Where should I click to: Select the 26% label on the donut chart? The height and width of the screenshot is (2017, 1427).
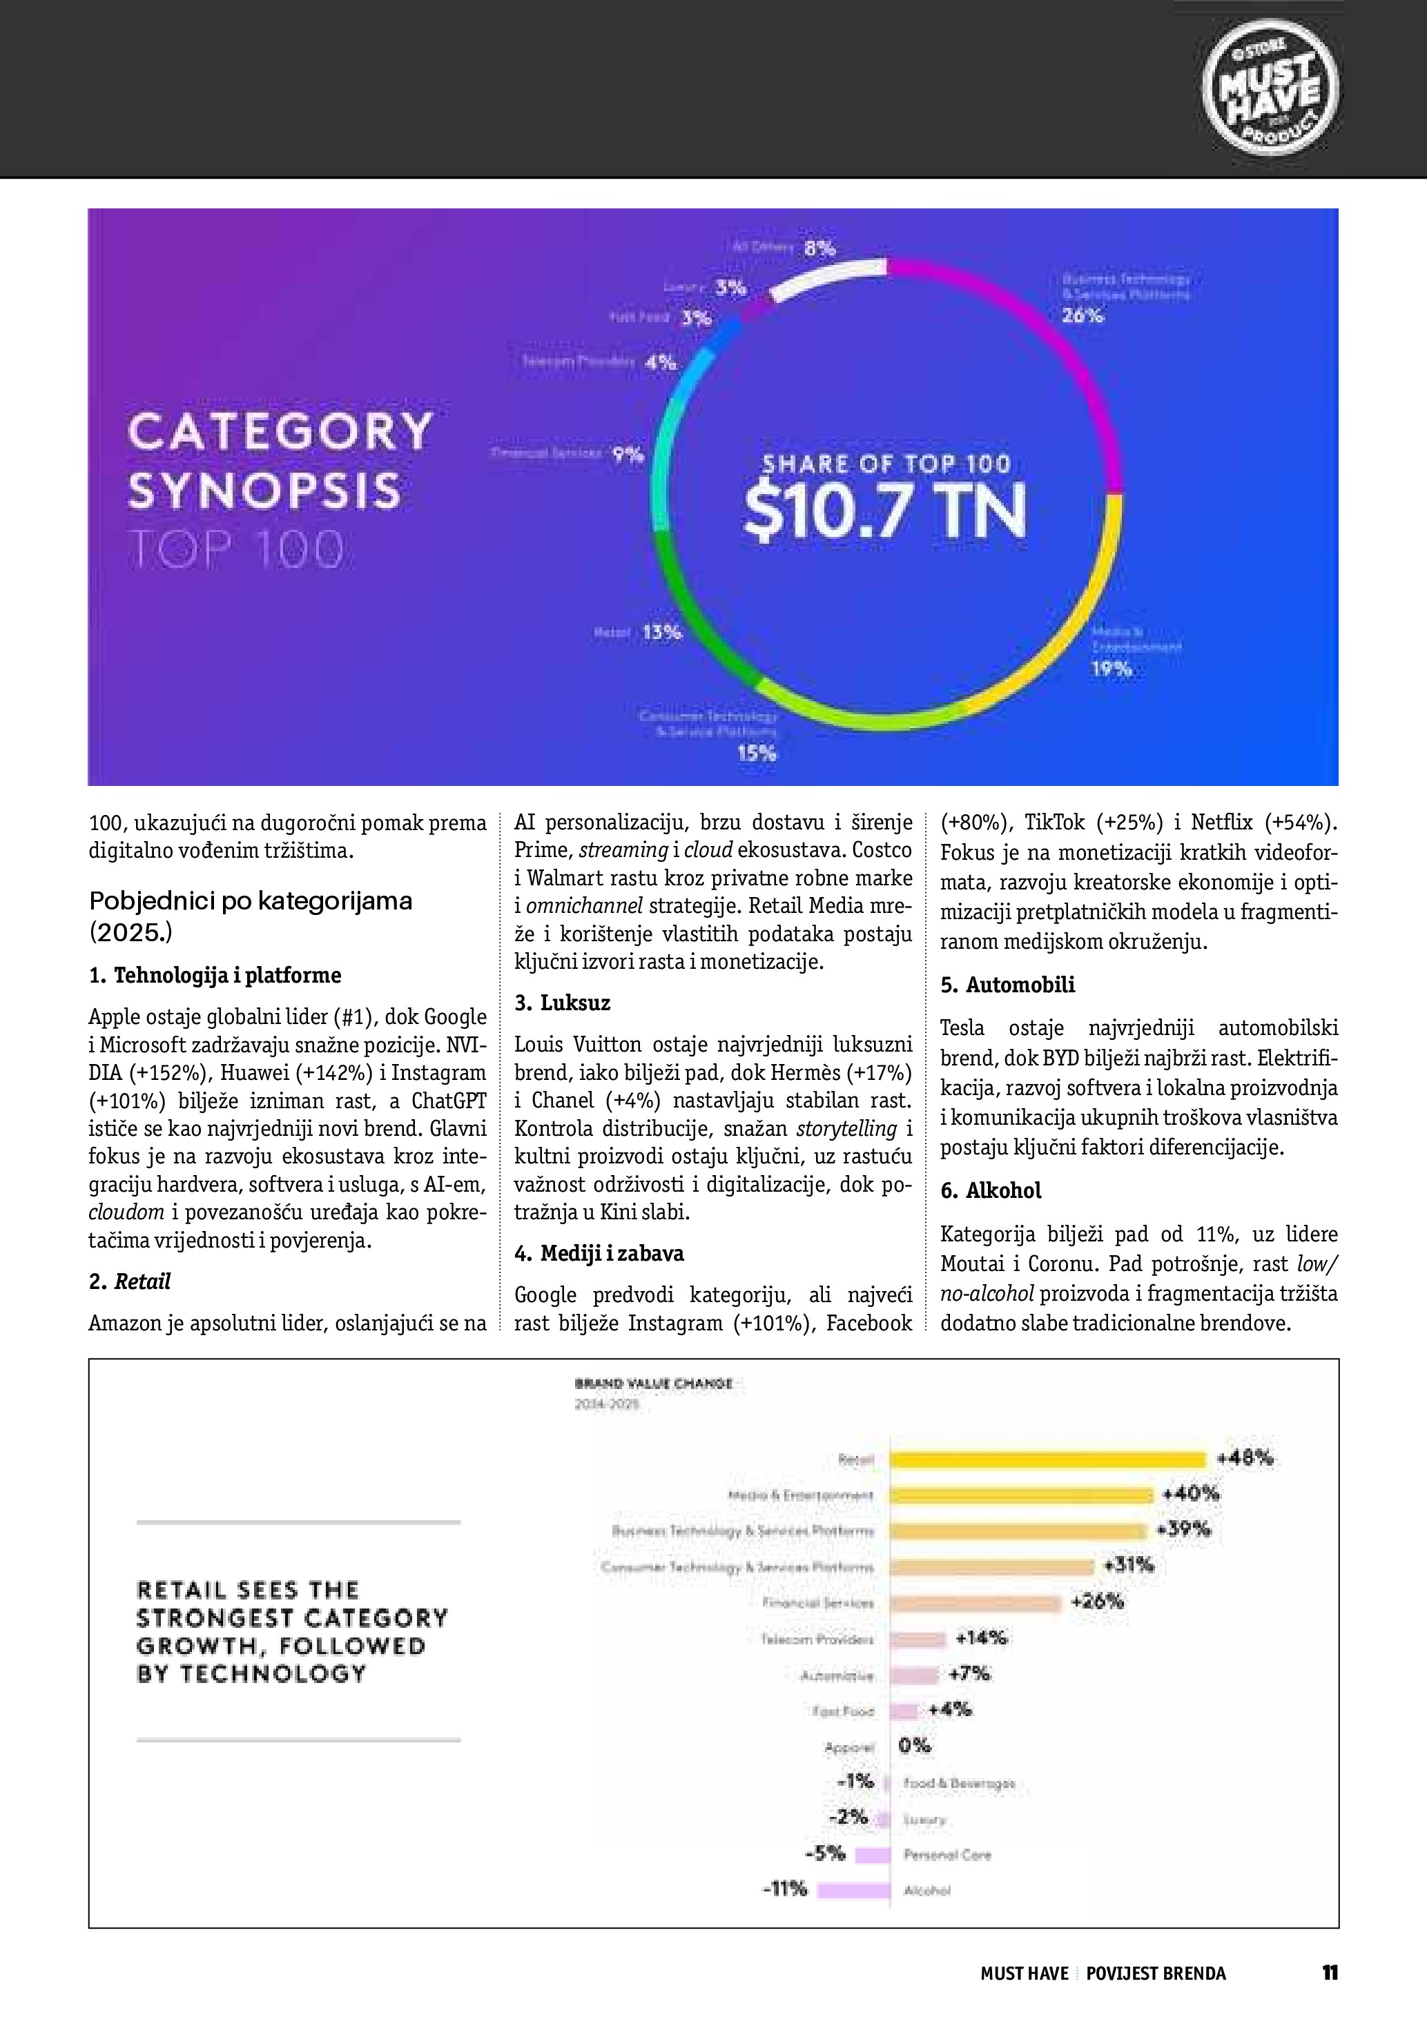1082,315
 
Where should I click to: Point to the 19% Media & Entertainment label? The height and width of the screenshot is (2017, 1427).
1111,669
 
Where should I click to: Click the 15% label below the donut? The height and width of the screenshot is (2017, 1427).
757,753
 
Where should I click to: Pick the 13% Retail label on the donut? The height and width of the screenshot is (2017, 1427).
661,631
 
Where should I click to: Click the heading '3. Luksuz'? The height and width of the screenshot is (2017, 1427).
563,1003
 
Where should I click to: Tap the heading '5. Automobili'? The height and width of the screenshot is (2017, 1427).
1007,984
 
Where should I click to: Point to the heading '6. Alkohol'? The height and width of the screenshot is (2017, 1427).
990,1190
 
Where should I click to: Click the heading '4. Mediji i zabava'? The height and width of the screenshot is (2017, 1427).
599,1252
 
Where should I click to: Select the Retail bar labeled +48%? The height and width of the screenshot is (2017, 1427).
1047,1459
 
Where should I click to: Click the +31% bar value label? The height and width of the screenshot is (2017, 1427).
1128,1564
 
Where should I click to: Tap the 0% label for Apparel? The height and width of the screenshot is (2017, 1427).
914,1746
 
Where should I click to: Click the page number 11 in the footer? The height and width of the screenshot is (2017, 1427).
1330,1972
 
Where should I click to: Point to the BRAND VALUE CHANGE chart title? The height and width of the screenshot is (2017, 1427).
653,1384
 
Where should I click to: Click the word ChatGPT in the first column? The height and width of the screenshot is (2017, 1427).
449,1100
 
